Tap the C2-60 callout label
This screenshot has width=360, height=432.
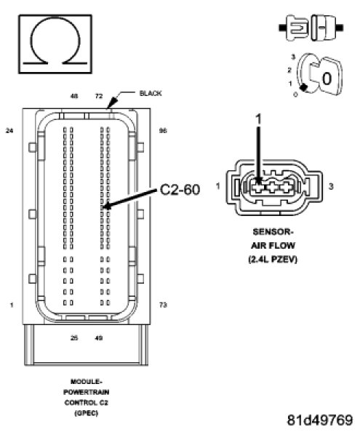point(180,190)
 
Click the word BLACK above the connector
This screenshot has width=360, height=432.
point(151,93)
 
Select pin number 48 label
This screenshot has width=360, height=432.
point(74,96)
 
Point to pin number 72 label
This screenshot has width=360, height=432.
point(99,96)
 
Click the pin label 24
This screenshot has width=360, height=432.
point(9,131)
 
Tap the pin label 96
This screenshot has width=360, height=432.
point(163,131)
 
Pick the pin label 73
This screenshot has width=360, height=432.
point(163,305)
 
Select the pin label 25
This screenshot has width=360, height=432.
point(74,337)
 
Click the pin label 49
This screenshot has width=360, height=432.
point(99,337)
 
